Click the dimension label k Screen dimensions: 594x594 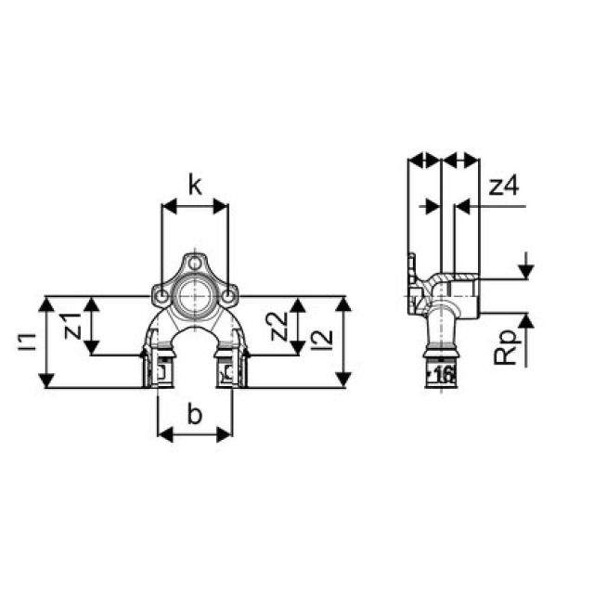[x=195, y=186]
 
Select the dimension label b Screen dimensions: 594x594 [x=195, y=415]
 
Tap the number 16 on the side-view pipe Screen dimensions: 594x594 [x=443, y=374]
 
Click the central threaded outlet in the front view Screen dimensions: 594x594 [x=195, y=297]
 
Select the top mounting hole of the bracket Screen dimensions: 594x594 [x=195, y=263]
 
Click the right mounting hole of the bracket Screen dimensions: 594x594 [x=227, y=297]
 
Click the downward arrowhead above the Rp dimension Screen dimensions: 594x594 [x=525, y=270]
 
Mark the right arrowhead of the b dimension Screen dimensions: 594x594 [x=226, y=433]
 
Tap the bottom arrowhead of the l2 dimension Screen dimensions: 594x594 [x=343, y=380]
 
